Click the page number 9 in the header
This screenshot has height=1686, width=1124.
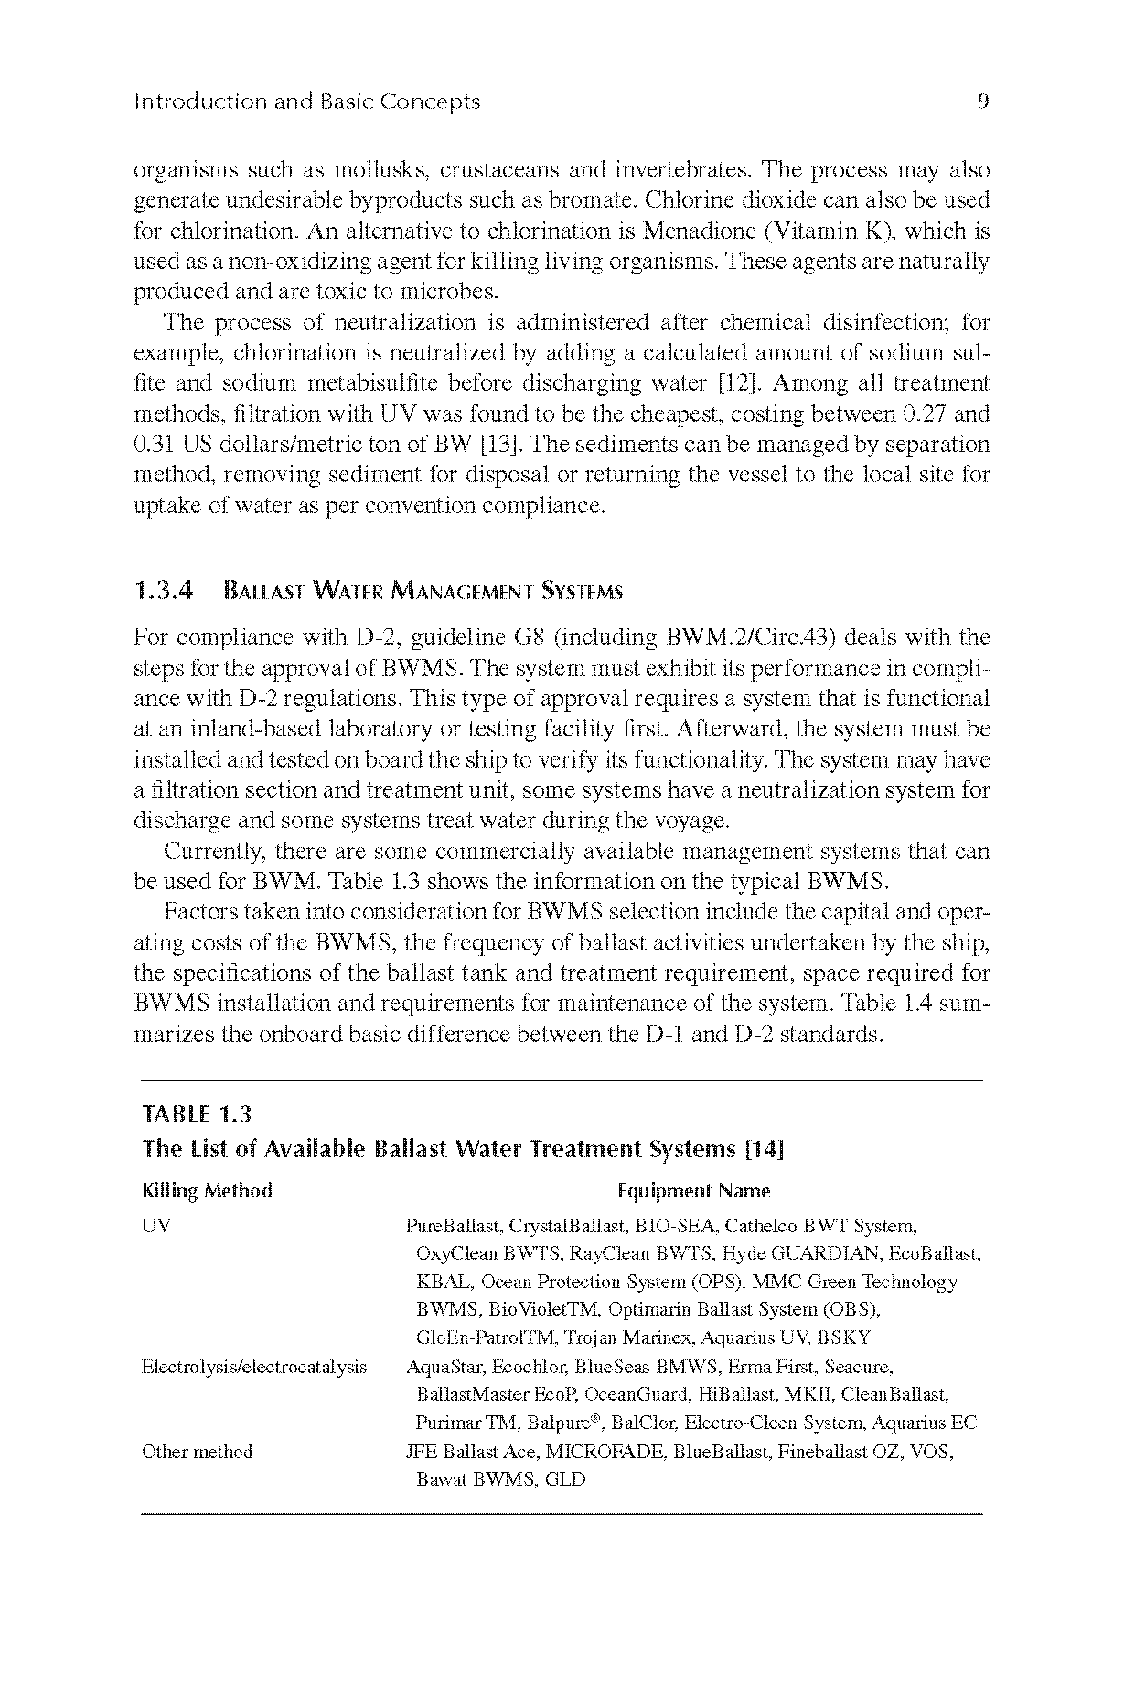(x=983, y=102)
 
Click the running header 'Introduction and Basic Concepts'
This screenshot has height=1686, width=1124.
(x=306, y=102)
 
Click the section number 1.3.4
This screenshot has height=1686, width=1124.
(x=164, y=592)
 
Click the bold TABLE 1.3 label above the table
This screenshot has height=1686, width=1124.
(x=197, y=1114)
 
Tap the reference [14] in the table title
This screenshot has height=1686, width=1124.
(x=765, y=1149)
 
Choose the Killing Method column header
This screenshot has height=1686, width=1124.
(x=207, y=1191)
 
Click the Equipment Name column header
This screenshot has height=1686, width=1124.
(x=694, y=1191)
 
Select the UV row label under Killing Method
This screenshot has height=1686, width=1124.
(x=156, y=1226)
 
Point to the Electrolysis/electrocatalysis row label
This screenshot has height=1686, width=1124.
(x=254, y=1368)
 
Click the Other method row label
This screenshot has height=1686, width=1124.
(x=197, y=1452)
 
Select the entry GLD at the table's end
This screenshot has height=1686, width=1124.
(x=564, y=1479)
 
